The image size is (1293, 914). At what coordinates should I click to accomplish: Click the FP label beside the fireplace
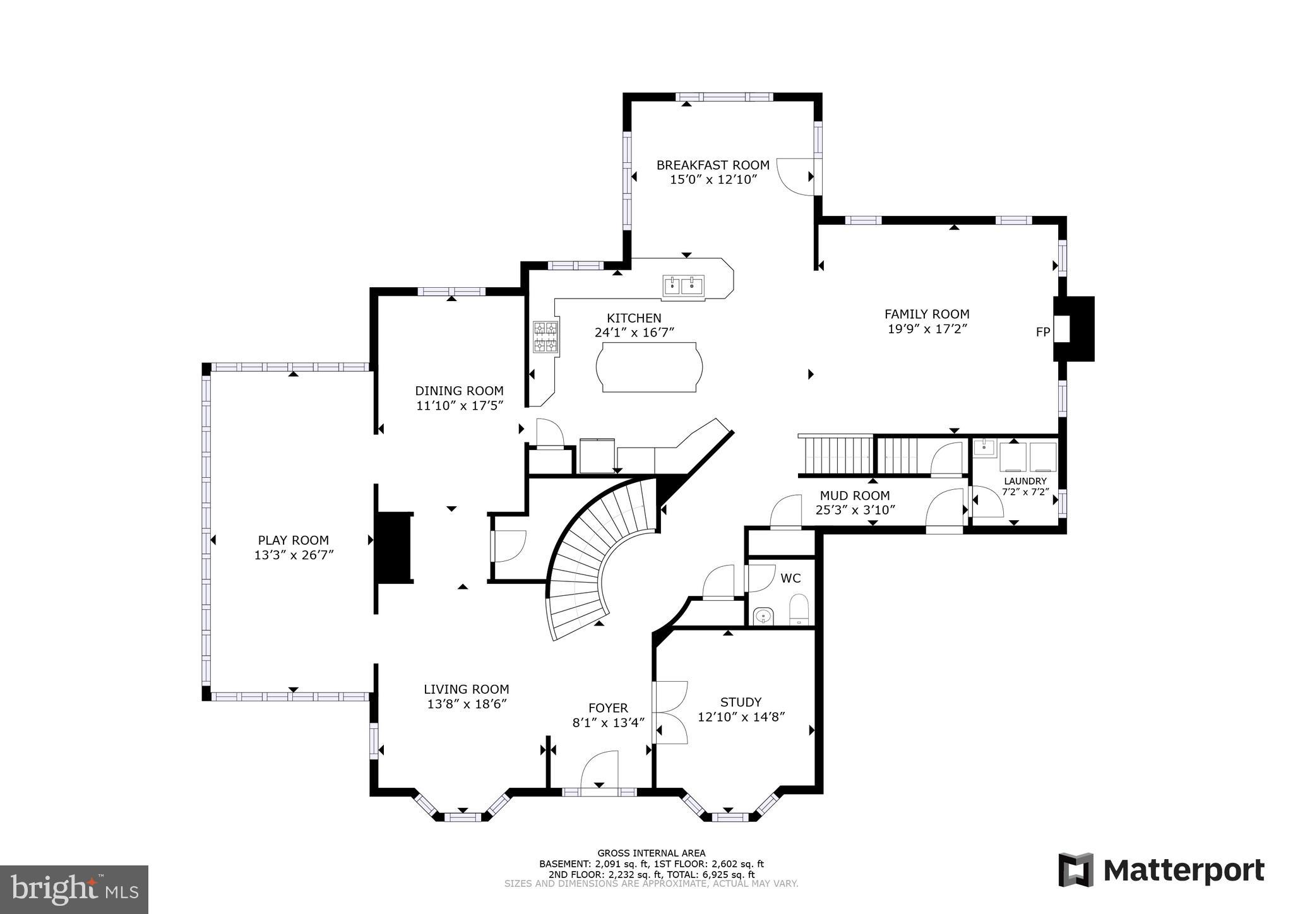(x=1042, y=331)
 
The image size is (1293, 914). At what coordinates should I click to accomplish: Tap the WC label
(x=790, y=578)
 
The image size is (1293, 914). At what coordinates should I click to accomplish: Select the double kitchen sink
(x=683, y=286)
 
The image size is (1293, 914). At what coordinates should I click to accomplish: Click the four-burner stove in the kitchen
(x=545, y=336)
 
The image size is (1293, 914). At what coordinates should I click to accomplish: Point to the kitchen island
(x=650, y=367)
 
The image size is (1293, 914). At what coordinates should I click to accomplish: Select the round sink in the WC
(x=763, y=614)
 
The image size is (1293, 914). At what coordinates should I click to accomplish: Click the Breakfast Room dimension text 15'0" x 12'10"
(x=713, y=179)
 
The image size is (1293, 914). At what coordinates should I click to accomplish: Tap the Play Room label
(x=293, y=540)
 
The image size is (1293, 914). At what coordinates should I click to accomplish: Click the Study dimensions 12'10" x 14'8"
(x=741, y=717)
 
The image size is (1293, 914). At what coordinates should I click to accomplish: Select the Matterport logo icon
(x=1076, y=870)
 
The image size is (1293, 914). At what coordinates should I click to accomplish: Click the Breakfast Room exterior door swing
(x=795, y=177)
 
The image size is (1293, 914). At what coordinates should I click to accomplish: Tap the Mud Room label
(x=855, y=496)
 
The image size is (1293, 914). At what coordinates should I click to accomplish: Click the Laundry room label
(x=1025, y=481)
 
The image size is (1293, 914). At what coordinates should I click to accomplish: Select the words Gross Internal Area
(x=651, y=853)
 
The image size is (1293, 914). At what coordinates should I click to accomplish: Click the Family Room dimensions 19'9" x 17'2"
(x=927, y=329)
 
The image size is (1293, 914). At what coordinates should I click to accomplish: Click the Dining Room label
(x=459, y=391)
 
